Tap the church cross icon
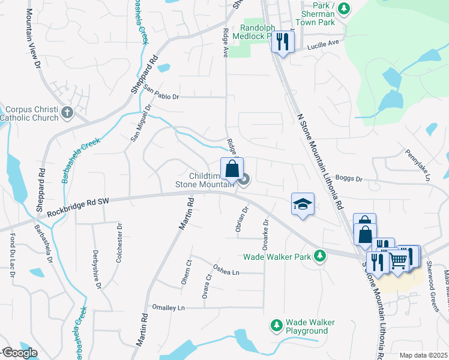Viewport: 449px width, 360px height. click(x=67, y=111)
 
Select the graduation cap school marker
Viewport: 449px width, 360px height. click(x=303, y=204)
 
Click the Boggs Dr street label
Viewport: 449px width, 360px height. click(x=351, y=179)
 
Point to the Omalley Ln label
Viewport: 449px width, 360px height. click(x=169, y=308)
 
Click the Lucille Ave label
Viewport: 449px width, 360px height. click(x=323, y=44)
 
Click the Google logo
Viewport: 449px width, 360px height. click(x=19, y=353)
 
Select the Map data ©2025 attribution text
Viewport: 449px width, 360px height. click(x=423, y=355)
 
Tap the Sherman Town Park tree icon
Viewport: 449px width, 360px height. click(x=343, y=8)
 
